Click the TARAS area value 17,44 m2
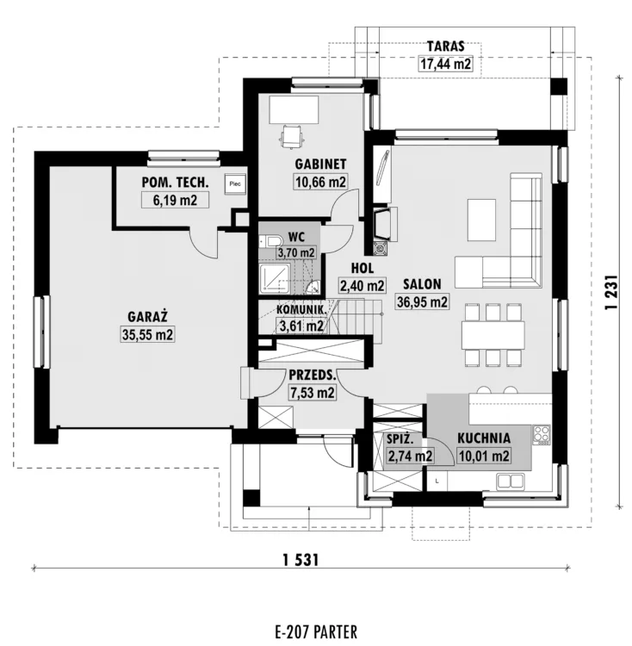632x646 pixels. [445, 65]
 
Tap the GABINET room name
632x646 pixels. [320, 164]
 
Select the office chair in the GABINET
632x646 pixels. [293, 135]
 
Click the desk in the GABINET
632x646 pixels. [294, 109]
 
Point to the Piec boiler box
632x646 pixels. [235, 183]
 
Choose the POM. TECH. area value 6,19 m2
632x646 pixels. [175, 200]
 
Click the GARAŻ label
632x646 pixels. [147, 317]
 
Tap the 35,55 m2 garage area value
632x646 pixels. [147, 334]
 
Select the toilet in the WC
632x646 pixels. [270, 241]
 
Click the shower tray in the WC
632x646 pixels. [275, 279]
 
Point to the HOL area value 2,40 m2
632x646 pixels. [362, 285]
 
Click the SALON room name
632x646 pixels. [422, 284]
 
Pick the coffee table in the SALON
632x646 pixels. [481, 220]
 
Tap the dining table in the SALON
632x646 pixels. [493, 335]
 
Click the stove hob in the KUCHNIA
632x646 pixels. [542, 435]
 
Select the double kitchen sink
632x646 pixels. [510, 481]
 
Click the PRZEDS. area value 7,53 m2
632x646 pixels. [313, 393]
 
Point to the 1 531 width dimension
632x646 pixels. [301, 561]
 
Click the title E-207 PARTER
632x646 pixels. [316, 631]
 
